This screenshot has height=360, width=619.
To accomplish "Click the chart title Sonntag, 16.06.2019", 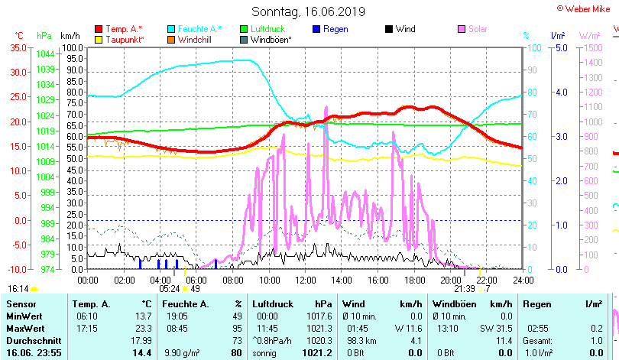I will [309, 11].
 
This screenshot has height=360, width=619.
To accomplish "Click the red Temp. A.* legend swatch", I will [99, 29].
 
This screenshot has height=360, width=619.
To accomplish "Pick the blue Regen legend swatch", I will [316, 29].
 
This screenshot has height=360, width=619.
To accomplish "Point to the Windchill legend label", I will [197, 40].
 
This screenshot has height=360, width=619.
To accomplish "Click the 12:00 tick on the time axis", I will [305, 279].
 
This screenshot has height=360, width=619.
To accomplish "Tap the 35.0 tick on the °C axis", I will [17, 47].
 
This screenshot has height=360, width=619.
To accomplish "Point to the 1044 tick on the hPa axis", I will [45, 54].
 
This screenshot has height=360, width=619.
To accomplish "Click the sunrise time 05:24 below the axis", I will [169, 289].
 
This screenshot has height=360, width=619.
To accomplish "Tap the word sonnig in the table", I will [264, 353].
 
